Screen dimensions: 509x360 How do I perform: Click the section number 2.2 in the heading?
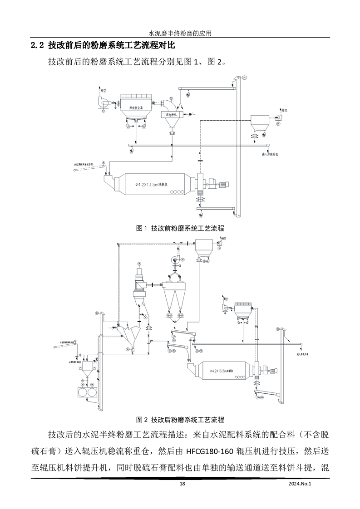pos(36,45)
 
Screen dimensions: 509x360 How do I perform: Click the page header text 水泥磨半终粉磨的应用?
pos(180,33)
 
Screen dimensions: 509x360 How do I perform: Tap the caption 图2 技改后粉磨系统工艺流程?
pos(180,419)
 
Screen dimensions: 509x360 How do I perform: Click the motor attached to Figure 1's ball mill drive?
pos(224,184)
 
